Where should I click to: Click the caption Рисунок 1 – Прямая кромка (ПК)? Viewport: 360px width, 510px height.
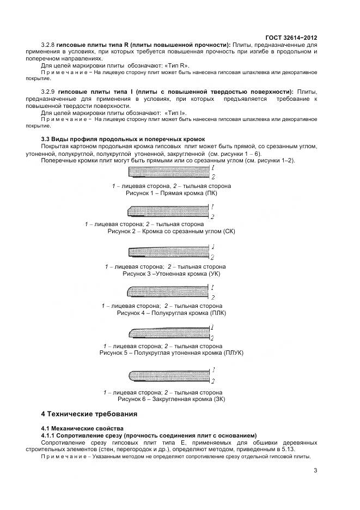(172, 193)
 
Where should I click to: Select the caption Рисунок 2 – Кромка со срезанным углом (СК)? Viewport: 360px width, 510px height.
(171, 232)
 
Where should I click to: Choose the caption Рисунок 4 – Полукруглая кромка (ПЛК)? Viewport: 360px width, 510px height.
(171, 313)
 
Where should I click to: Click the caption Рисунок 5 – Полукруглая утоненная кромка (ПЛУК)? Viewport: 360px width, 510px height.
(171, 353)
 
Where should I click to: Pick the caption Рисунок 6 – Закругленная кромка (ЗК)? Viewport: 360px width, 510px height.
(170, 399)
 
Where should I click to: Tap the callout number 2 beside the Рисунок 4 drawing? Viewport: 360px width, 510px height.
(212, 297)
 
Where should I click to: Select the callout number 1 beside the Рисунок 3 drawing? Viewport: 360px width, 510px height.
(212, 247)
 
